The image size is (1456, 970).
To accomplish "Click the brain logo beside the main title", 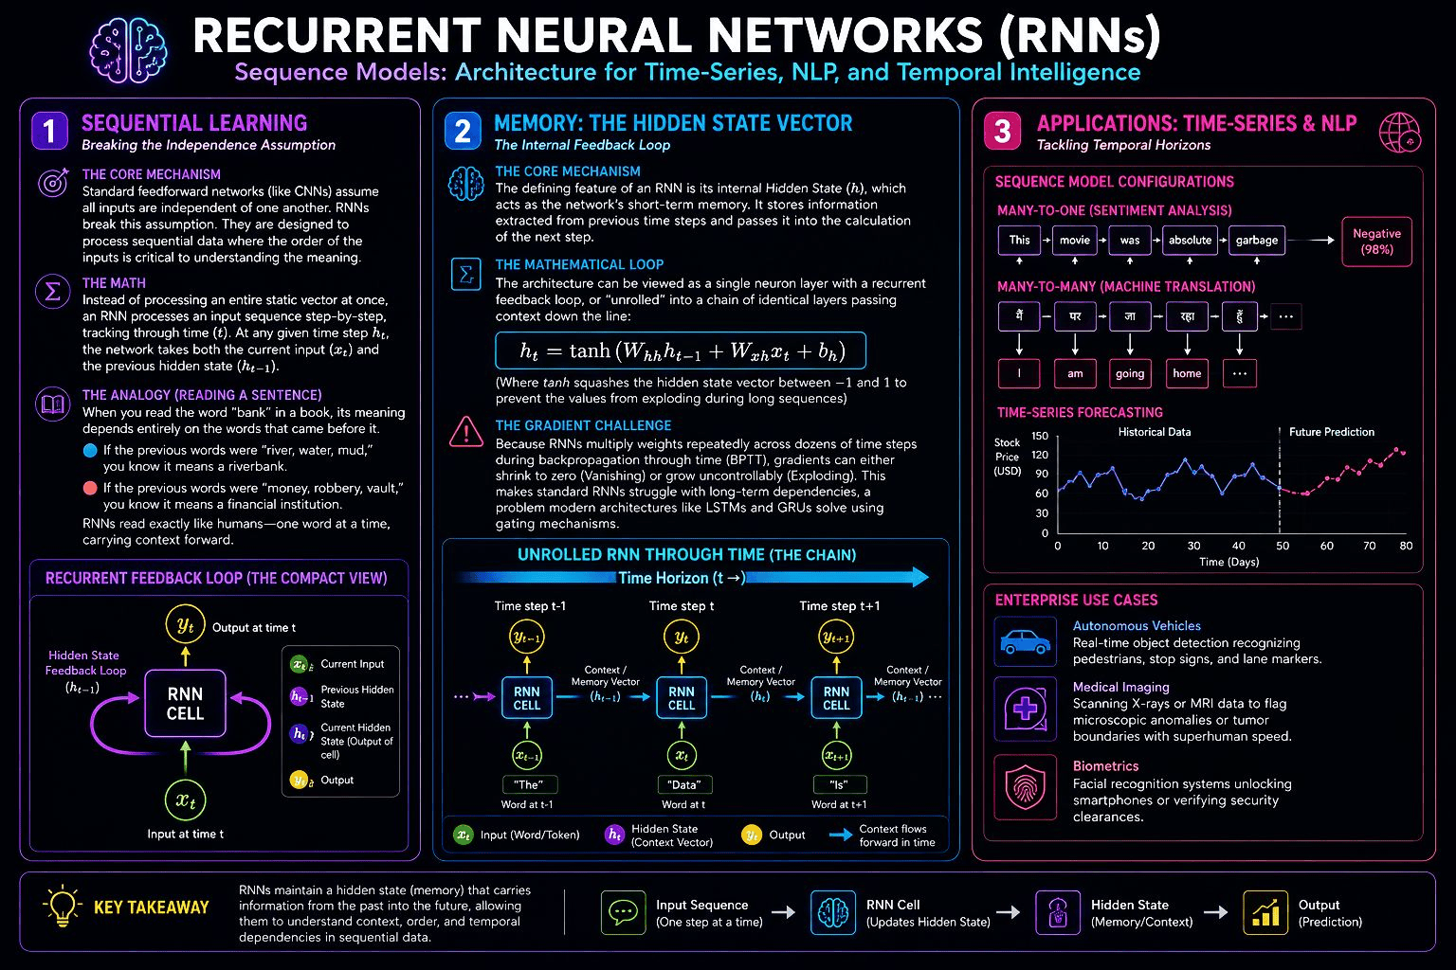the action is tap(128, 50).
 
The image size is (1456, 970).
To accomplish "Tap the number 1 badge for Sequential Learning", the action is tap(49, 131).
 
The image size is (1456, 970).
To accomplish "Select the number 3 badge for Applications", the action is tap(1002, 131).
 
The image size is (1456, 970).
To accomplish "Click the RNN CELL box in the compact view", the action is tap(185, 704).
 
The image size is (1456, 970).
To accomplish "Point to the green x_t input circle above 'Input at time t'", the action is tap(185, 799).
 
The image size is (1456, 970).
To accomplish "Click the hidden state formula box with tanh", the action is tap(681, 350).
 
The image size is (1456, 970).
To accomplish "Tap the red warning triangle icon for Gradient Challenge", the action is tap(466, 432).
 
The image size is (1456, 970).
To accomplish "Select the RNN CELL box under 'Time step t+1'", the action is tap(837, 698).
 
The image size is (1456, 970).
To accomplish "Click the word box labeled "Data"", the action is tap(684, 785).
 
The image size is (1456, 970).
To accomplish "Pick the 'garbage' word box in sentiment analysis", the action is tap(1256, 241).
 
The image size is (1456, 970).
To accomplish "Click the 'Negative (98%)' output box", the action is tap(1376, 242).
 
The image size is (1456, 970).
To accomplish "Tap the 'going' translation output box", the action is tap(1130, 373).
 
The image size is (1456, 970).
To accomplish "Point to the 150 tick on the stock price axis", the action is tap(1040, 436).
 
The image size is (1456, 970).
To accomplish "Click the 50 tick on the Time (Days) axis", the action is tap(1282, 546).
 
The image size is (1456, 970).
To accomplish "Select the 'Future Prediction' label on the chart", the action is tap(1331, 432).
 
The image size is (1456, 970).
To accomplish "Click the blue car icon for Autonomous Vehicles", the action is tap(1025, 642).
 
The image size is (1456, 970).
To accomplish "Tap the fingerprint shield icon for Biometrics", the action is tap(1025, 787).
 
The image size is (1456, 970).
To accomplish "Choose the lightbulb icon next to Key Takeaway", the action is tap(63, 906).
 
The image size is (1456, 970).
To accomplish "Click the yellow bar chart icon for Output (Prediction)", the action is tap(1265, 912).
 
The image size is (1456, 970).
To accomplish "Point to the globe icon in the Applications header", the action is tap(1399, 132).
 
